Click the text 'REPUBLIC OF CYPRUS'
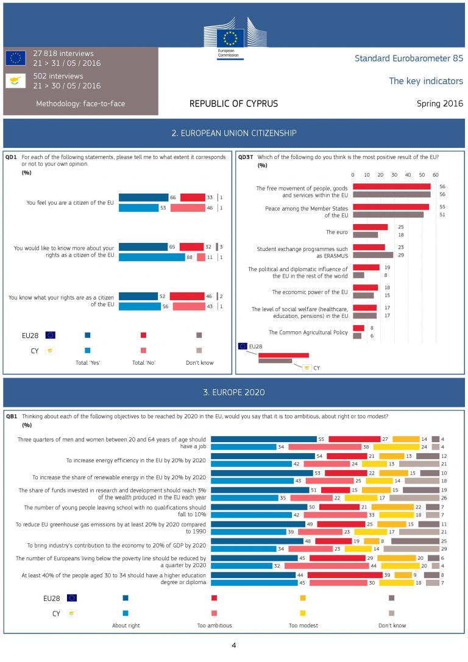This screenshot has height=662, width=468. tap(233, 104)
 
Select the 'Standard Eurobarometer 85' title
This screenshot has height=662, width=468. tap(408, 58)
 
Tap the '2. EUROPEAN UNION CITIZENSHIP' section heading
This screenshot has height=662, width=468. tap(234, 133)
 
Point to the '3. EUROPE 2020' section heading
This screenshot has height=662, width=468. tap(234, 392)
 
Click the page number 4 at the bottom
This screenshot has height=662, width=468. tap(233, 645)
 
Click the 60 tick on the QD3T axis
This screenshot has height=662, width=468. tap(435, 174)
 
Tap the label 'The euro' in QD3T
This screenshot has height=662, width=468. tap(336, 231)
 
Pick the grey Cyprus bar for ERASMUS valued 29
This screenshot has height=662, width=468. tap(373, 255)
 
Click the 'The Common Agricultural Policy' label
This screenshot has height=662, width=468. tap(308, 332)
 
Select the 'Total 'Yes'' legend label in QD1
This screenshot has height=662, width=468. tap(87, 363)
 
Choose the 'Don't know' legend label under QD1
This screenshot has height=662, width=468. tap(199, 363)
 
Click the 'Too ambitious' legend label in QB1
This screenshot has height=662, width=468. tap(214, 625)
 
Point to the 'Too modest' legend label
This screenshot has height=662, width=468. tap(303, 625)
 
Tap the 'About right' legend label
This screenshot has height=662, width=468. tap(126, 625)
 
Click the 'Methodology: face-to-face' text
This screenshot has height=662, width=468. tap(80, 104)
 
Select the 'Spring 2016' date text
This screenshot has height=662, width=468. tap(440, 104)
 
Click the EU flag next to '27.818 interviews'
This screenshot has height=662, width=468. tap(15, 58)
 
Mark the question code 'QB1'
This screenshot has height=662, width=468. tap(12, 417)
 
